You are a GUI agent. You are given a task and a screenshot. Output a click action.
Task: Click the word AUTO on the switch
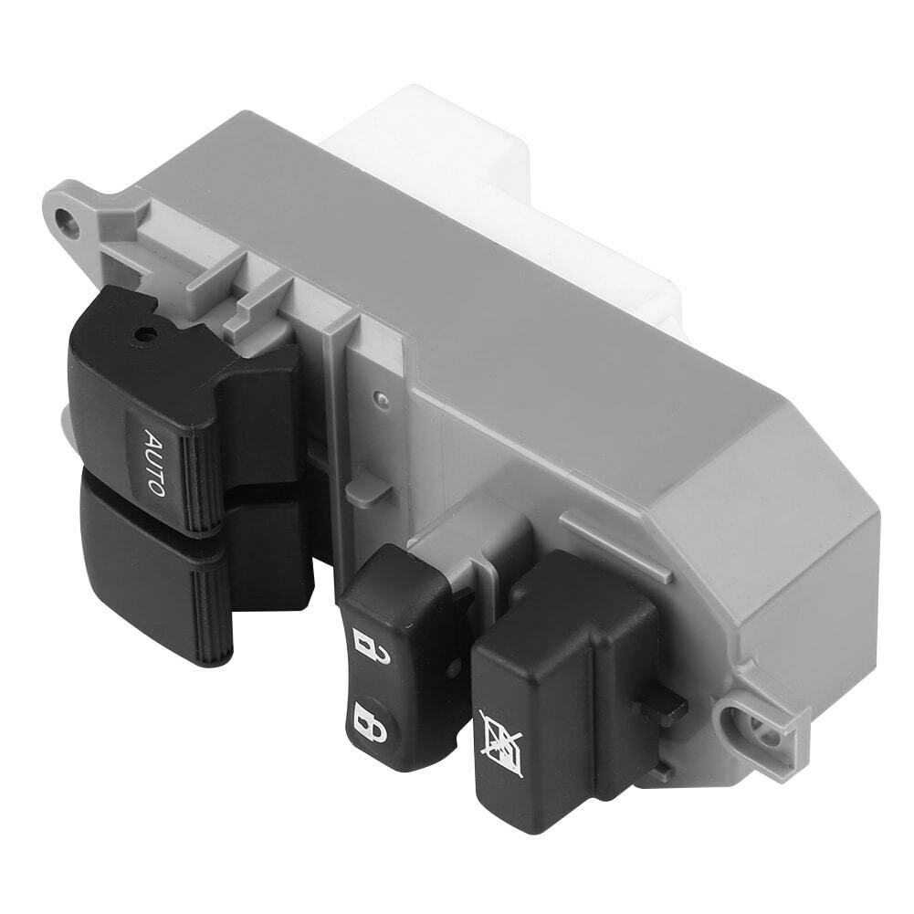(x=154, y=463)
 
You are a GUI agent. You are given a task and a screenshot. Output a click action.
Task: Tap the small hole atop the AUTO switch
(x=142, y=335)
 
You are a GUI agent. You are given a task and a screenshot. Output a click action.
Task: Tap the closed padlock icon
(x=364, y=721)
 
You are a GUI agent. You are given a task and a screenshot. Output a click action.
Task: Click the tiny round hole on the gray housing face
(x=383, y=399)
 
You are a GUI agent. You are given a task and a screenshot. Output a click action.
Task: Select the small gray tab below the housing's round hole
(x=369, y=489)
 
